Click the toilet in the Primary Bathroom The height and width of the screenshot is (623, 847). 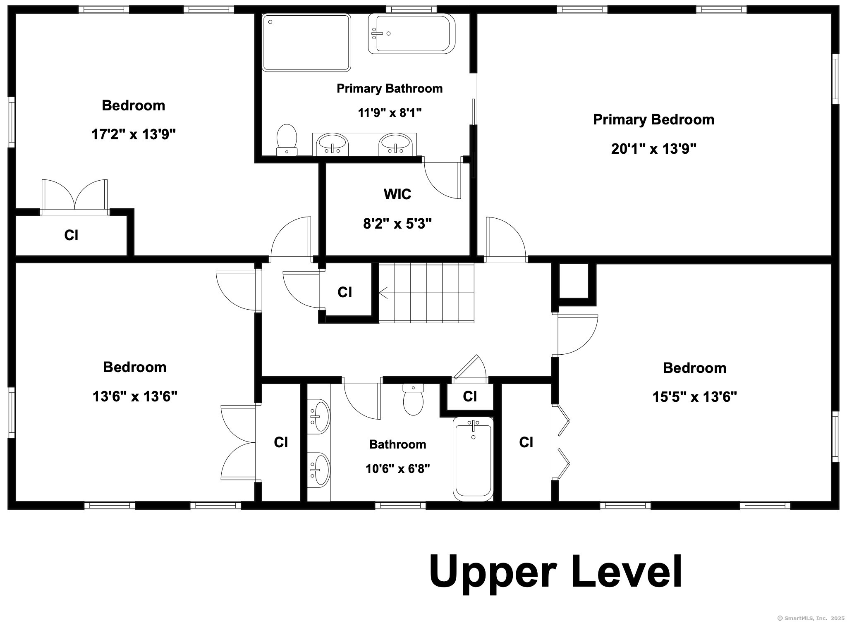tap(287, 140)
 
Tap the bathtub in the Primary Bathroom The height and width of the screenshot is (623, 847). tap(412, 33)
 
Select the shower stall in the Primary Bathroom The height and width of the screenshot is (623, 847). tap(306, 43)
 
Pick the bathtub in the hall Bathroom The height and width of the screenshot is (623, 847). tap(474, 459)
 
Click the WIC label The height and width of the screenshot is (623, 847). tap(397, 194)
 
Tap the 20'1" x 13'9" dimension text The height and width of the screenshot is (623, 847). tap(654, 148)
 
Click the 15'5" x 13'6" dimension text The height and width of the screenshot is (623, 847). tap(695, 397)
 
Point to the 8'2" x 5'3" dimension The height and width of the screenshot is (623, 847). tap(397, 224)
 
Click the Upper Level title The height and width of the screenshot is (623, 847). tap(556, 572)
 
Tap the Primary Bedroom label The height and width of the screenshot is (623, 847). tap(654, 119)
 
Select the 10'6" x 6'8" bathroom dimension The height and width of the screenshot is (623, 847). tap(398, 468)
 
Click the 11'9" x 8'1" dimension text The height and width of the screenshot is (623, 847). tap(390, 112)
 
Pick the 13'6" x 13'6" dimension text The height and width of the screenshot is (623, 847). tap(135, 396)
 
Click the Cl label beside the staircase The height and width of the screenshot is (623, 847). tap(345, 292)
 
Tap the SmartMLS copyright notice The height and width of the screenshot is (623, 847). tap(811, 618)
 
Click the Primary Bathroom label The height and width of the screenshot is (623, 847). tap(390, 88)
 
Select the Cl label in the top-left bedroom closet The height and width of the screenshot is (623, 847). tap(72, 235)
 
